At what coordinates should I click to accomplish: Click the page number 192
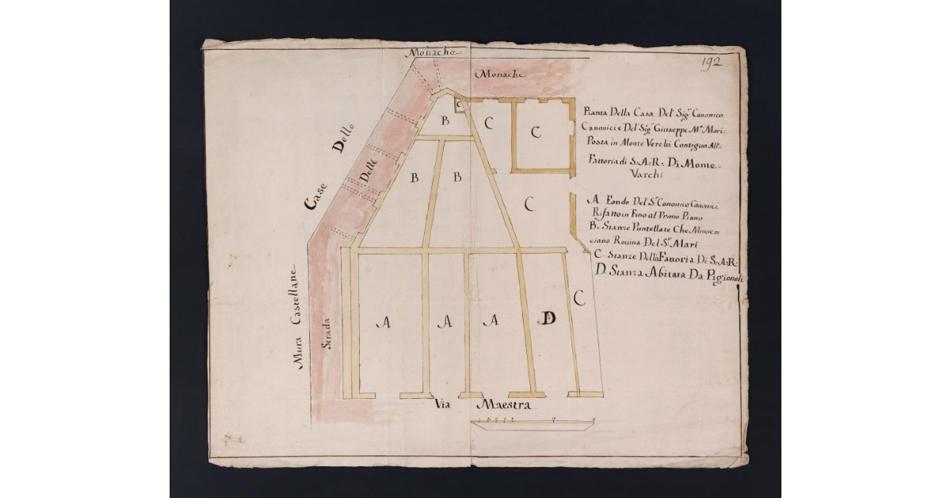(x=711, y=63)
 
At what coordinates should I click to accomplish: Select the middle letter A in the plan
(x=446, y=322)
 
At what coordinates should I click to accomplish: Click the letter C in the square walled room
(x=536, y=132)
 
